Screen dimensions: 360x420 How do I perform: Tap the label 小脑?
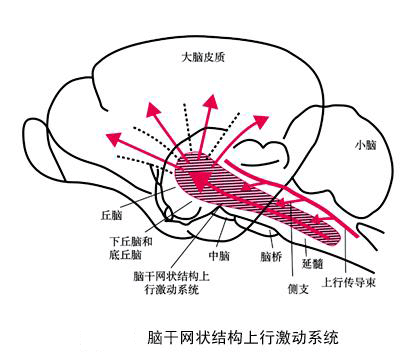tap(365, 145)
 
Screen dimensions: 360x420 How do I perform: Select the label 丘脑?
tap(111, 214)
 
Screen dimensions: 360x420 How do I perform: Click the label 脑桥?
tap(271, 256)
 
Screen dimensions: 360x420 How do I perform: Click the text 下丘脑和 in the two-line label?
tap(132, 241)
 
